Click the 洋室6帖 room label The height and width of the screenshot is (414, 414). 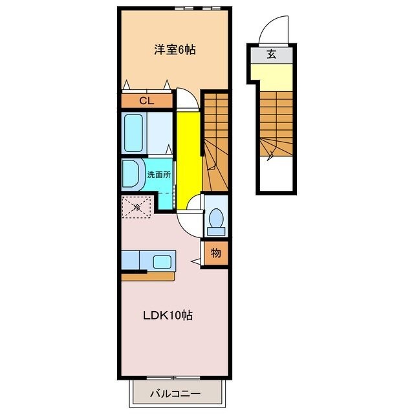pos(175,49)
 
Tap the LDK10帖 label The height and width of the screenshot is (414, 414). pos(168,315)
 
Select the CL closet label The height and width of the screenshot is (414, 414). pos(147,101)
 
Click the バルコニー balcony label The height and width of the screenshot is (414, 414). pos(175,394)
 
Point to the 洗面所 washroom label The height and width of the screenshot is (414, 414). pos(158,175)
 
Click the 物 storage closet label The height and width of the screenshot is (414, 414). pos(215,253)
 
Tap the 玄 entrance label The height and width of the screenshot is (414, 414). pos(272,54)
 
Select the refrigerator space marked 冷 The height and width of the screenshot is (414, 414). pos(136,207)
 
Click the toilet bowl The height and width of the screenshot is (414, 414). pos(216,218)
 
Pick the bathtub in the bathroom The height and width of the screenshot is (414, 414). pos(134,133)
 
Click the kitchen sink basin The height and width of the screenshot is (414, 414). pos(162,261)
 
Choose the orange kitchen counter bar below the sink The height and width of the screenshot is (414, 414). pos(148,277)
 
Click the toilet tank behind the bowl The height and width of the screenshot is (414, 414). pos(216,232)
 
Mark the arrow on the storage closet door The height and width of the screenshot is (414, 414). pos(195,261)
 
